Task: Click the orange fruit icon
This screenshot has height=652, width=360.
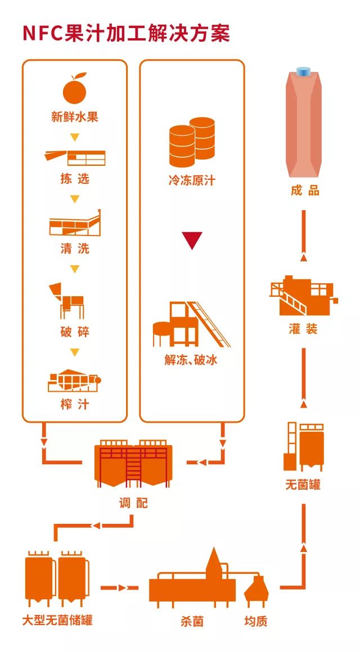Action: pyautogui.click(x=75, y=89)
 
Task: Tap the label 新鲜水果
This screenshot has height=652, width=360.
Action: pyautogui.click(x=75, y=117)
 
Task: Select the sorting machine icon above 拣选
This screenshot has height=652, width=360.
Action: pyautogui.click(x=75, y=157)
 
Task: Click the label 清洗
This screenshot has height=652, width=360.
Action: pyautogui.click(x=75, y=248)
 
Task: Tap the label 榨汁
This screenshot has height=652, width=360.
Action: pyautogui.click(x=75, y=404)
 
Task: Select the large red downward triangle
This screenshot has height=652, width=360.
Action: pyautogui.click(x=192, y=240)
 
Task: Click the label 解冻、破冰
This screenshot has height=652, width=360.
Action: pyautogui.click(x=191, y=360)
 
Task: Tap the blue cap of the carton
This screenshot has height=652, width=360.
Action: pyautogui.click(x=304, y=72)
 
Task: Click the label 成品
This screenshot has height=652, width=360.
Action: pyautogui.click(x=305, y=191)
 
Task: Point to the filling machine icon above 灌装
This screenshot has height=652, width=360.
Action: pyautogui.click(x=303, y=296)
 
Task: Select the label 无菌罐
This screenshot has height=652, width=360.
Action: pyautogui.click(x=303, y=485)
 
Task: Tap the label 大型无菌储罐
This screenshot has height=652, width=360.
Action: pyautogui.click(x=57, y=621)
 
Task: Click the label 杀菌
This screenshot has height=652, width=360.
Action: pyautogui.click(x=192, y=621)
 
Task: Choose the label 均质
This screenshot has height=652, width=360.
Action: pyautogui.click(x=256, y=621)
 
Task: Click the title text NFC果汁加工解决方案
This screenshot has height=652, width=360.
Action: pyautogui.click(x=127, y=33)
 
